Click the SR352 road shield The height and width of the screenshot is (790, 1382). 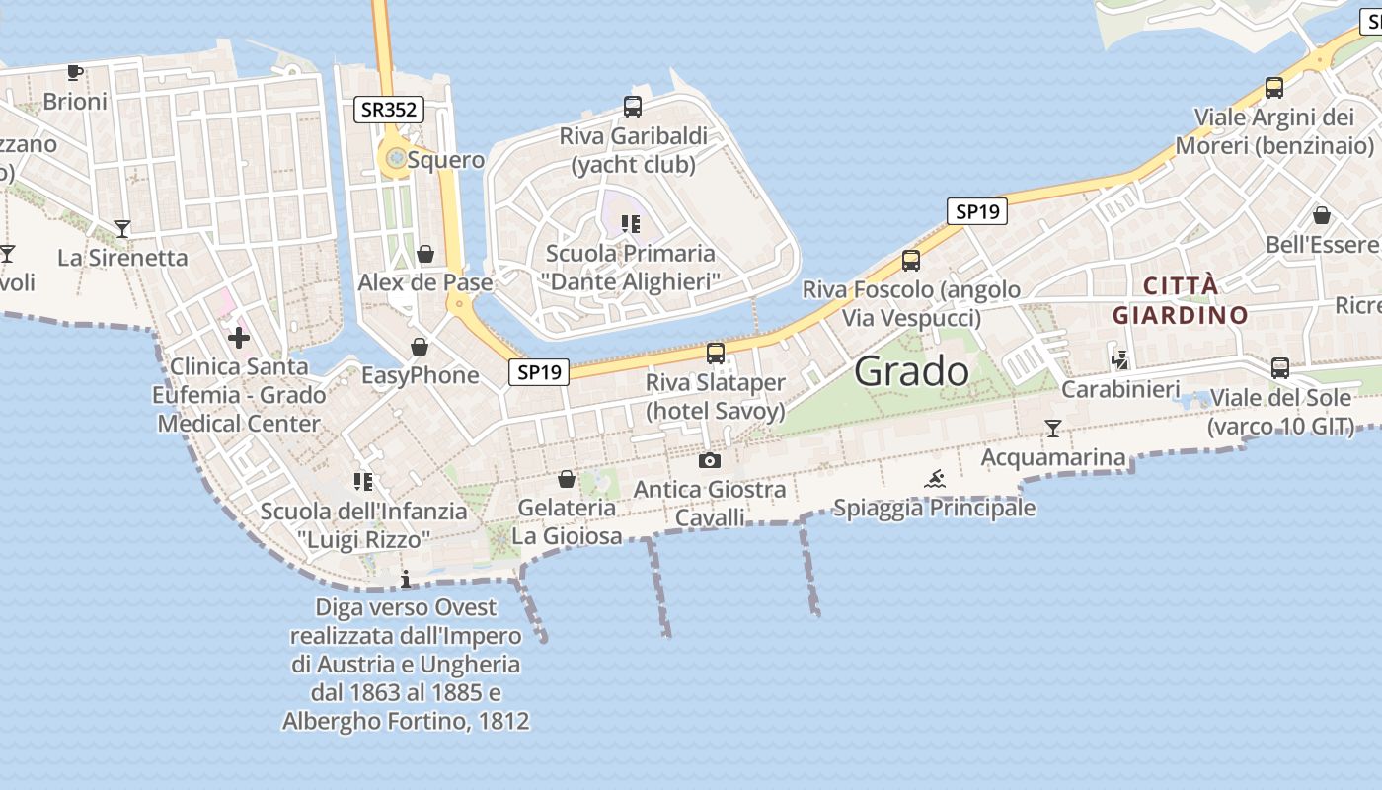point(389,110)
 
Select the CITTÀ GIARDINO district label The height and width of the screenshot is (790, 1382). point(1180,301)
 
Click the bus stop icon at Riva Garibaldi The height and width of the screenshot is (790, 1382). point(633,107)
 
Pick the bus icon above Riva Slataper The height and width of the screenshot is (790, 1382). point(716,353)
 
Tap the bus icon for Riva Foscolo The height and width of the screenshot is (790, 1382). point(910,261)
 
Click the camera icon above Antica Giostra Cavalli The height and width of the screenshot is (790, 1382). point(709,460)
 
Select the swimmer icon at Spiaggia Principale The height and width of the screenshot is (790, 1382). point(935,480)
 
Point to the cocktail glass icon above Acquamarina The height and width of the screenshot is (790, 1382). point(1053,429)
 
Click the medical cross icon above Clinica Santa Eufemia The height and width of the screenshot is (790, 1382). point(238,339)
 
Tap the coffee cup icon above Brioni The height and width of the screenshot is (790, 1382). point(74,72)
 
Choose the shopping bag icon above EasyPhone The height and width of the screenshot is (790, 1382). point(420,347)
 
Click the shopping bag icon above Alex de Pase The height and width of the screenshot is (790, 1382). point(425,254)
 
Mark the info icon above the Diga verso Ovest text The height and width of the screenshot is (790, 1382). point(405,579)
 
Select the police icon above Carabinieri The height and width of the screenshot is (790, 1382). point(1119,360)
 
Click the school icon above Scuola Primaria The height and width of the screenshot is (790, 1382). point(630,224)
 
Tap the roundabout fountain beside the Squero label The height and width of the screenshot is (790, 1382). point(396,158)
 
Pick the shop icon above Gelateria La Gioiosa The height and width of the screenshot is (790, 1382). point(567,479)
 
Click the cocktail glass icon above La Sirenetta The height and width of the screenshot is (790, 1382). point(122,229)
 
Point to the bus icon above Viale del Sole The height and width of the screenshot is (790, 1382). point(1280,368)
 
